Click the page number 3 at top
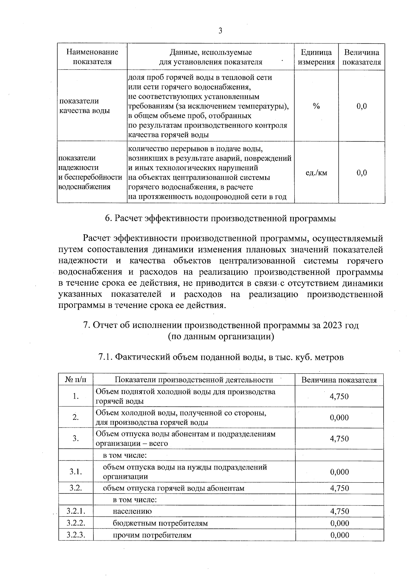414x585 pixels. pyautogui.click(x=220, y=31)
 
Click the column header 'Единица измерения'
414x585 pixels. pyautogui.click(x=316, y=57)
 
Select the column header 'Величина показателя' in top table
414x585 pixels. pyautogui.click(x=362, y=57)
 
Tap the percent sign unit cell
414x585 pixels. pyautogui.click(x=316, y=106)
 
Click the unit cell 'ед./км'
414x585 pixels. pyautogui.click(x=316, y=173)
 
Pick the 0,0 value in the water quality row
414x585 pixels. pyautogui.click(x=362, y=106)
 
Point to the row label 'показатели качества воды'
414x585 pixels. pyautogui.click(x=85, y=106)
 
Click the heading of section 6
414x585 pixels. pyautogui.click(x=220, y=219)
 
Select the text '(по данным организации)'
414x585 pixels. pyautogui.click(x=221, y=336)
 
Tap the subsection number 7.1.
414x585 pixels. pyautogui.click(x=105, y=357)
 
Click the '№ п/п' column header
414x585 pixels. pyautogui.click(x=76, y=380)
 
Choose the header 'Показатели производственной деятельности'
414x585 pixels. pyautogui.click(x=194, y=380)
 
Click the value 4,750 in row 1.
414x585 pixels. pyautogui.click(x=339, y=396)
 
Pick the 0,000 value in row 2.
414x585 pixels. pyautogui.click(x=339, y=417)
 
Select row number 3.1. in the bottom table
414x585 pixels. pyautogui.click(x=76, y=472)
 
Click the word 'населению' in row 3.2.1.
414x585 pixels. pyautogui.click(x=132, y=511)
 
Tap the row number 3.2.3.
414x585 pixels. pyautogui.click(x=76, y=535)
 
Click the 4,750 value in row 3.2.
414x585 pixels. pyautogui.click(x=339, y=488)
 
